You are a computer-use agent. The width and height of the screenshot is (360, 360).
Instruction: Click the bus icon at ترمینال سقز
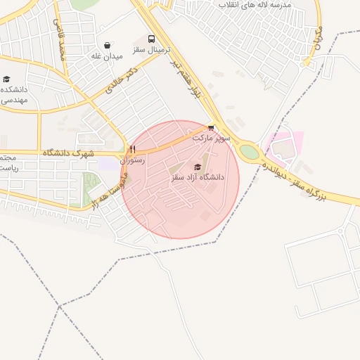(x=152, y=39)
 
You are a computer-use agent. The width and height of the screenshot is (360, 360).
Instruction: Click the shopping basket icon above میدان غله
(x=107, y=45)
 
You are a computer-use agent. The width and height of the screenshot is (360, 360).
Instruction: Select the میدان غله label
(x=108, y=56)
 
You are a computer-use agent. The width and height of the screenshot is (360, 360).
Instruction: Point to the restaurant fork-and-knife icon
(x=132, y=149)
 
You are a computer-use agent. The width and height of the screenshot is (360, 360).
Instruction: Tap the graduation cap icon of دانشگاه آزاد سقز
(x=198, y=167)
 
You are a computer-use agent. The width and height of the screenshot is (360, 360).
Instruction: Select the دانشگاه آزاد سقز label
(x=198, y=178)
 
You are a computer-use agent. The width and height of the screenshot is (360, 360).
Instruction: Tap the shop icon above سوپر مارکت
(x=211, y=128)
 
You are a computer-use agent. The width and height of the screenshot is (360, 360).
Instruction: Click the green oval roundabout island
(x=250, y=152)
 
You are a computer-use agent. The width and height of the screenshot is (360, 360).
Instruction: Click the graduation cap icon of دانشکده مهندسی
(x=7, y=79)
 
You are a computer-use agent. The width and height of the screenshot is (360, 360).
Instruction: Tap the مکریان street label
(x=314, y=43)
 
